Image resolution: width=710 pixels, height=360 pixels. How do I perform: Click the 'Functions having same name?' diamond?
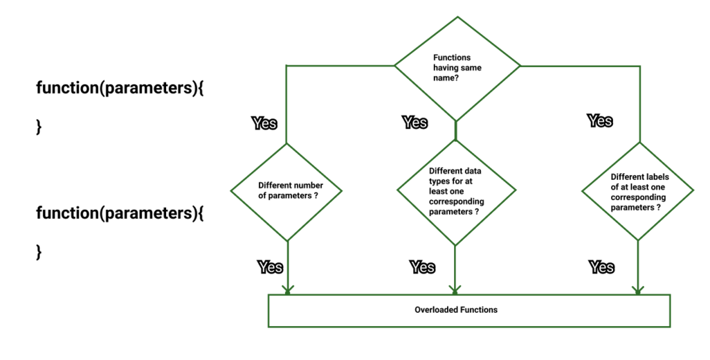pyautogui.click(x=457, y=67)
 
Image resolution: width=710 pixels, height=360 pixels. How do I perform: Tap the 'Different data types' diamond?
pyautogui.click(x=455, y=192)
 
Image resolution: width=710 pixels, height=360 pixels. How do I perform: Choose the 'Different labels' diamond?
pyautogui.click(x=637, y=191)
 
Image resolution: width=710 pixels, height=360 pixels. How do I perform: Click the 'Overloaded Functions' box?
pyautogui.click(x=468, y=310)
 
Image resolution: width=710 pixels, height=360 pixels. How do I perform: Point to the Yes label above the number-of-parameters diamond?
pyautogui.click(x=264, y=123)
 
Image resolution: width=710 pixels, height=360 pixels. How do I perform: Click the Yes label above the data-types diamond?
pyautogui.click(x=415, y=123)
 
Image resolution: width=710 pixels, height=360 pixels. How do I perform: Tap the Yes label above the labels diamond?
pyautogui.click(x=600, y=120)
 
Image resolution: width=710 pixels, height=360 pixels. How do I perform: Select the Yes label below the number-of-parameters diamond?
pyautogui.click(x=270, y=267)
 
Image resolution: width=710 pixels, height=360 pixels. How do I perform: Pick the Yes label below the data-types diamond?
pyautogui.click(x=422, y=267)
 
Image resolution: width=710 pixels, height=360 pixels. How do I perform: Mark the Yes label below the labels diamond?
pyautogui.click(x=601, y=267)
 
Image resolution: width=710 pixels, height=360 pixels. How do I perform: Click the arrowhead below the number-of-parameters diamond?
pyautogui.click(x=287, y=289)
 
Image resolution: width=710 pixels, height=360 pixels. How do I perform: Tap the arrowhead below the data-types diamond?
pyautogui.click(x=455, y=289)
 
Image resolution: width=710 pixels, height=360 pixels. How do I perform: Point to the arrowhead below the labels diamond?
pyautogui.click(x=637, y=289)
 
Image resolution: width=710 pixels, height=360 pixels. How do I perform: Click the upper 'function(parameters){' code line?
pyautogui.click(x=120, y=89)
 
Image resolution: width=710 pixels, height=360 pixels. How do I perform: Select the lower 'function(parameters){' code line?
pyautogui.click(x=120, y=213)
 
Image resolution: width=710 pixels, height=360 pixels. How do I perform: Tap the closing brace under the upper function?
pyautogui.click(x=39, y=127)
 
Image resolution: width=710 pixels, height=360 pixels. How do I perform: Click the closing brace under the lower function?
pyautogui.click(x=39, y=251)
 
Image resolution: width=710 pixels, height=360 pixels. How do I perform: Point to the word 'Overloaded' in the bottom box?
pyautogui.click(x=435, y=310)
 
